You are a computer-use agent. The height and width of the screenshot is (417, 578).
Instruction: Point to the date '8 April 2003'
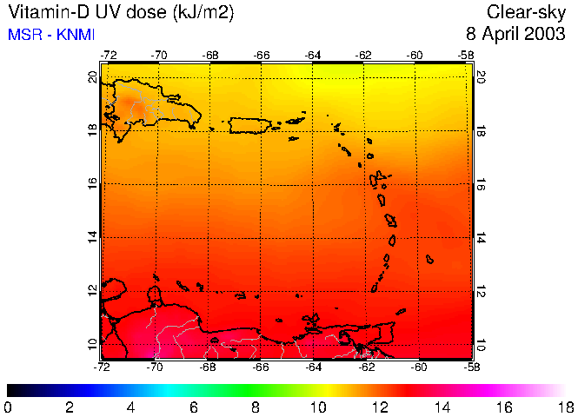point(516,35)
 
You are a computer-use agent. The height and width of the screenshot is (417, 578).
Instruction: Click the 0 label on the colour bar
point(8,407)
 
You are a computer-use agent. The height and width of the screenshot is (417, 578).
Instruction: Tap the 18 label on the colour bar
point(567,407)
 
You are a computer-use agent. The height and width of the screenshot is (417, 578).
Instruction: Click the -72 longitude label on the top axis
point(108,55)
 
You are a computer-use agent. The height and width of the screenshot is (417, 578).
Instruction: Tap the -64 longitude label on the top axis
point(313,55)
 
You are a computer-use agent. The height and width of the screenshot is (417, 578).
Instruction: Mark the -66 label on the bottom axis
point(261,367)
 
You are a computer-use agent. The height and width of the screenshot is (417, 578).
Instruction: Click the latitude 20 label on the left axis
point(93,76)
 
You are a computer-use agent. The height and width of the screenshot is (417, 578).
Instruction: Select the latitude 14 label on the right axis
point(480,236)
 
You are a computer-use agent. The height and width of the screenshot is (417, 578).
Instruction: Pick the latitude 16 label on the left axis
point(93,184)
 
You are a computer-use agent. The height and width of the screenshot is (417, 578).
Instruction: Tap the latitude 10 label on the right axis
point(480,344)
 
